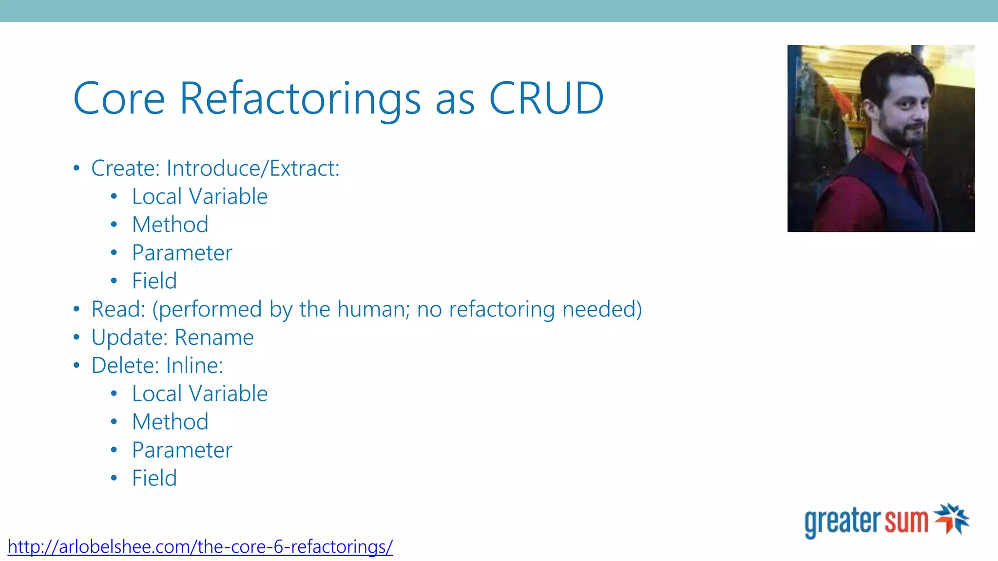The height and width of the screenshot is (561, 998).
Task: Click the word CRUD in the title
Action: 546,98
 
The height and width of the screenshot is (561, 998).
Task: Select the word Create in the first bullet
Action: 125,168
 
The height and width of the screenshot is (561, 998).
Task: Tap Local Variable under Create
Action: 199,197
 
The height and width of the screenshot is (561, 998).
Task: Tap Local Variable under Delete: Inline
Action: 199,394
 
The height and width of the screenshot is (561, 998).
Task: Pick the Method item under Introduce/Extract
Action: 170,225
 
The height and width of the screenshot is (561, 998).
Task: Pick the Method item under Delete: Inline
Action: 170,422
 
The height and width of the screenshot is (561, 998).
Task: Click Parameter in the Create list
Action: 182,253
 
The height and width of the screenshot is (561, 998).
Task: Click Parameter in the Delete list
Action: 182,450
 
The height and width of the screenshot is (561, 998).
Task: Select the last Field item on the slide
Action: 154,478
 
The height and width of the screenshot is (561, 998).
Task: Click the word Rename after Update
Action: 214,338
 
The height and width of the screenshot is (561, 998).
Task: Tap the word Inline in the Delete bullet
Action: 193,366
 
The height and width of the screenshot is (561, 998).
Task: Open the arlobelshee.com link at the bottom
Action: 200,547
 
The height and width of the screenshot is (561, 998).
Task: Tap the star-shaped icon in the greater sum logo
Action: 951,518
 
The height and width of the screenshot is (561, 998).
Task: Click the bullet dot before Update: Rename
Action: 76,337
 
